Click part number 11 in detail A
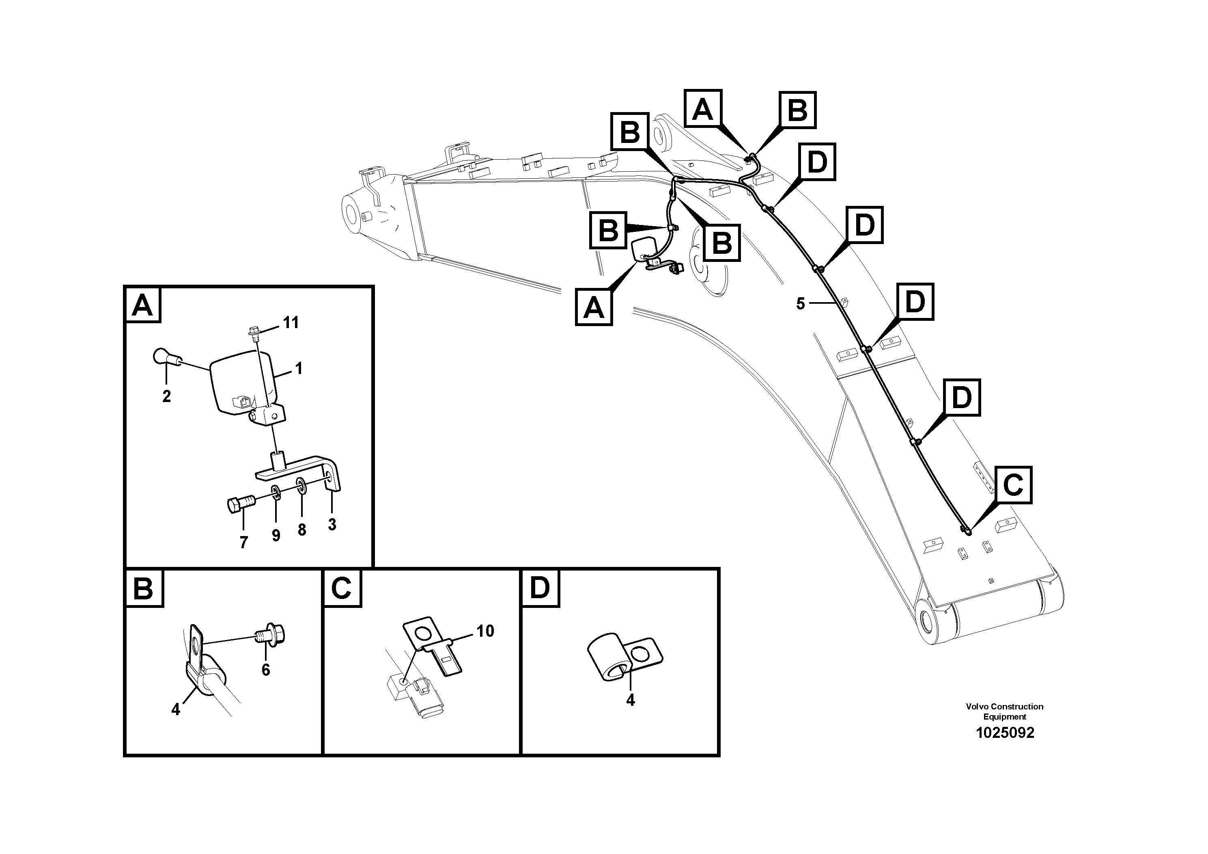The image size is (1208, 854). [291, 323]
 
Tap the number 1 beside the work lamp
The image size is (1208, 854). [299, 369]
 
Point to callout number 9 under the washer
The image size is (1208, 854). [276, 536]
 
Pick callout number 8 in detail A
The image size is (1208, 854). [301, 530]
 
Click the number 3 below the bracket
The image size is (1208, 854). [332, 524]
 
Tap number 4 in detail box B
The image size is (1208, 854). [176, 710]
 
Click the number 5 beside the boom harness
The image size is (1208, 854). [800, 304]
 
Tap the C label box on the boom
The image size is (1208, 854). [1013, 485]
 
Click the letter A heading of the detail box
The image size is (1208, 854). [142, 305]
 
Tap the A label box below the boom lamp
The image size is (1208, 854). [594, 307]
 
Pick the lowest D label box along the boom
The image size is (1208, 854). [961, 398]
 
